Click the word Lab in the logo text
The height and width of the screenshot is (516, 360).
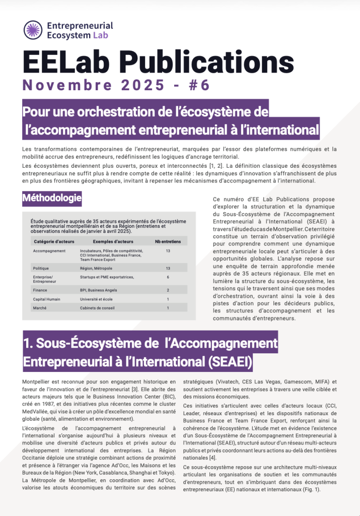[x=100, y=35]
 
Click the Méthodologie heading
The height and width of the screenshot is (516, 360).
[x=52, y=198]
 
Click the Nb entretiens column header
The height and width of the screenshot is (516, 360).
[x=168, y=241]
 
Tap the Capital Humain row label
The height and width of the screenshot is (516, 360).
[x=47, y=299]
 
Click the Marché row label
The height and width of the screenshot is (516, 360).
[x=40, y=307]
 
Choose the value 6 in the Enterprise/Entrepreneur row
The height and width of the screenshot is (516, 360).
[x=168, y=277]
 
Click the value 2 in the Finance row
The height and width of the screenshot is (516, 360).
[x=168, y=290]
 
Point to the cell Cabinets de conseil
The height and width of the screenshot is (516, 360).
[x=97, y=307]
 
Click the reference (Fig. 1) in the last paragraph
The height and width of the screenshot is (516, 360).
[x=310, y=489]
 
